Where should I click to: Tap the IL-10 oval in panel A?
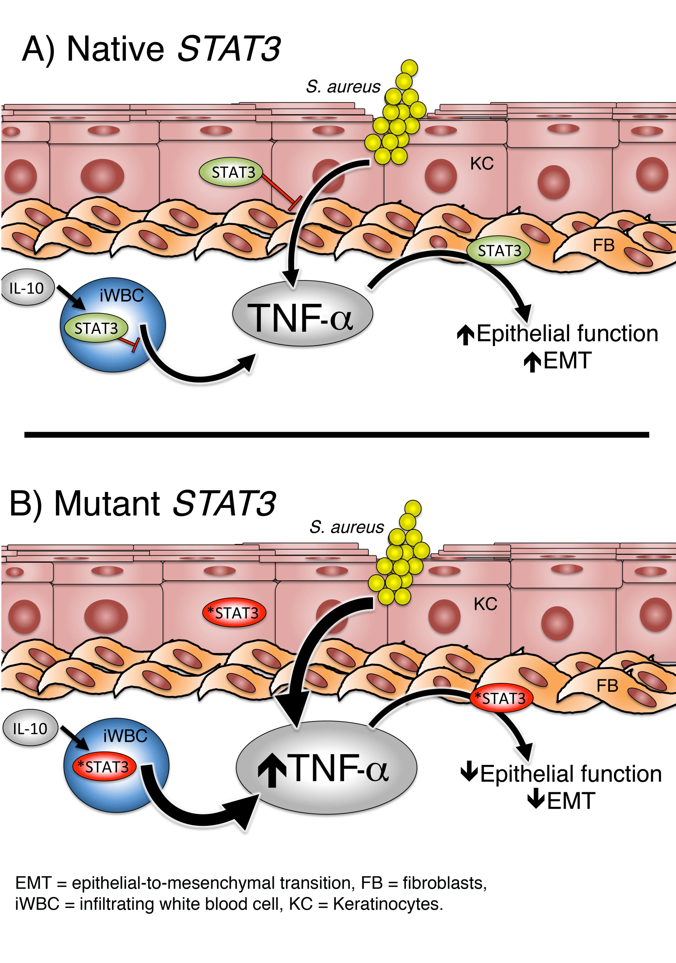click(27, 288)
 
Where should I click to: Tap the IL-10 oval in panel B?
click(30, 729)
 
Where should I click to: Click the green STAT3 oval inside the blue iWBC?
click(96, 327)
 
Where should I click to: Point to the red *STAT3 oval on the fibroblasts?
click(501, 698)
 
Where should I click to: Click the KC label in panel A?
click(482, 164)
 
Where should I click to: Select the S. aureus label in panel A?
click(343, 87)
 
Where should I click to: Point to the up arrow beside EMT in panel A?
click(532, 361)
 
